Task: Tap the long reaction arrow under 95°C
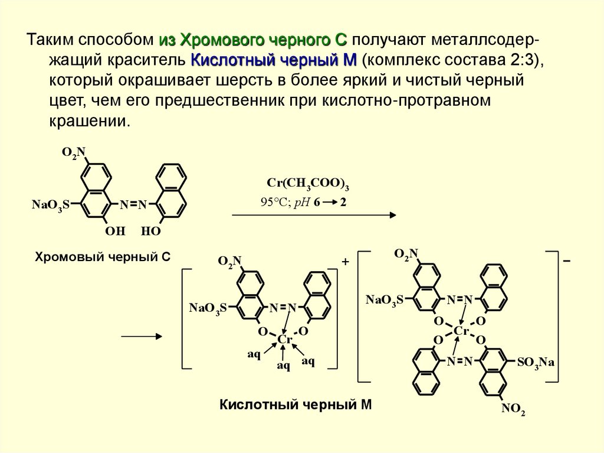pyautogui.click(x=313, y=216)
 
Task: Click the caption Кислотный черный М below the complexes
pyautogui.click(x=297, y=405)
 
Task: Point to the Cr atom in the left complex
pyautogui.click(x=285, y=340)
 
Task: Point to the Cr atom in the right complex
pyautogui.click(x=461, y=331)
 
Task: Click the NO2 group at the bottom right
pyautogui.click(x=513, y=410)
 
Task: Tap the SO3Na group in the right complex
pyautogui.click(x=536, y=361)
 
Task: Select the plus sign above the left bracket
pyautogui.click(x=346, y=260)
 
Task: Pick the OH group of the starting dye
pyautogui.click(x=116, y=232)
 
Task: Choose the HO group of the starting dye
pyautogui.click(x=151, y=232)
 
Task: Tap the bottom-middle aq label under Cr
pyautogui.click(x=284, y=367)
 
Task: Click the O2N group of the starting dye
pyautogui.click(x=74, y=154)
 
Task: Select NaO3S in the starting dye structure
pyautogui.click(x=51, y=204)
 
